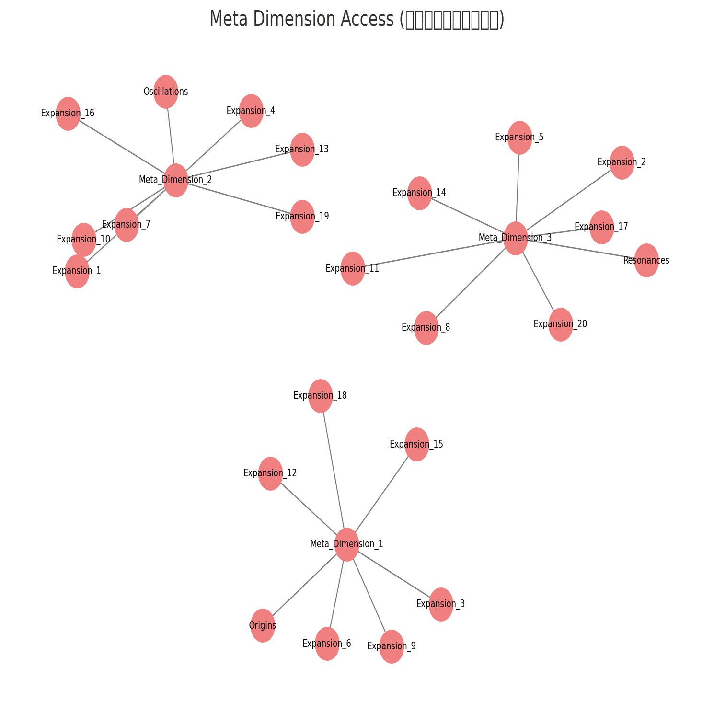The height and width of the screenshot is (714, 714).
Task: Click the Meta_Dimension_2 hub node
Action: (x=176, y=180)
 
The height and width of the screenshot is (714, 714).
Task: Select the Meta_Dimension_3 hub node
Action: (x=516, y=238)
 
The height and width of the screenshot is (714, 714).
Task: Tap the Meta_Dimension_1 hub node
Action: (x=346, y=544)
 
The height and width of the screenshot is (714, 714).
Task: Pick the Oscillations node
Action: (x=166, y=92)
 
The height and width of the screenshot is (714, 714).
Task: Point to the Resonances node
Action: (x=646, y=260)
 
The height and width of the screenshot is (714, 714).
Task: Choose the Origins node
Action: (x=263, y=625)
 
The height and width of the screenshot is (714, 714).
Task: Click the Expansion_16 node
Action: (x=68, y=114)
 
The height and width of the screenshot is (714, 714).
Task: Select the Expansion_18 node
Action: (x=321, y=396)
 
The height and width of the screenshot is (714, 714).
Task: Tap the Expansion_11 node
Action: (x=353, y=268)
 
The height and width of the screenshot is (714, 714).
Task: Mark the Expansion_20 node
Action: (x=561, y=324)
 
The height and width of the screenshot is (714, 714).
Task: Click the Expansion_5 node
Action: (x=520, y=138)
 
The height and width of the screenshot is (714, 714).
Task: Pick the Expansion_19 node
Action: (x=302, y=217)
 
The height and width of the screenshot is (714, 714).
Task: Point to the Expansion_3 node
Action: (x=441, y=604)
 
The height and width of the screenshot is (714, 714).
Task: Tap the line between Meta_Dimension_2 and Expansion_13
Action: (x=239, y=165)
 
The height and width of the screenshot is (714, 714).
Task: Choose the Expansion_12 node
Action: (x=270, y=473)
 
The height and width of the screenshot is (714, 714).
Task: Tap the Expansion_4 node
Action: (x=251, y=111)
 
